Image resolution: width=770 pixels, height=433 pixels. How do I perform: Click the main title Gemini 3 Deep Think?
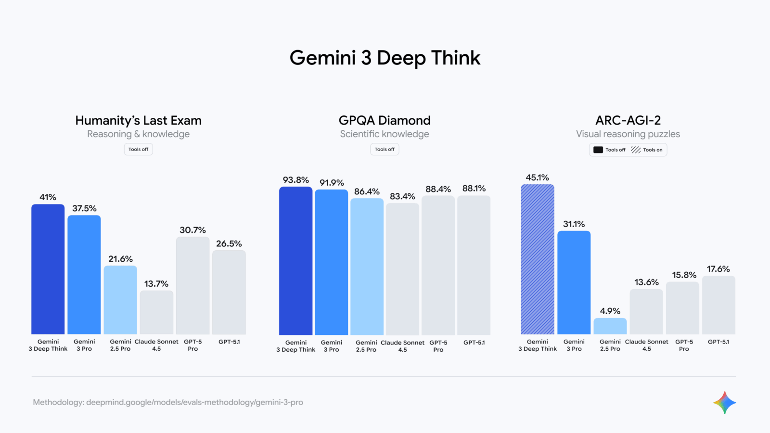(385, 58)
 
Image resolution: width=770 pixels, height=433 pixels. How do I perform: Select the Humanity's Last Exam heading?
(138, 120)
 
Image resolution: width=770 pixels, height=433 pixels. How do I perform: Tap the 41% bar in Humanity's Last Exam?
(48, 269)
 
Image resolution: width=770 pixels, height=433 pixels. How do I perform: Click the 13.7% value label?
(156, 284)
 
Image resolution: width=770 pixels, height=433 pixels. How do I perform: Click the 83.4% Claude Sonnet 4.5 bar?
(402, 269)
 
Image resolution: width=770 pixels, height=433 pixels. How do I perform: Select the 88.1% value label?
(474, 189)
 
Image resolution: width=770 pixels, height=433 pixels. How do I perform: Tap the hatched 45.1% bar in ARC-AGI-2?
(537, 259)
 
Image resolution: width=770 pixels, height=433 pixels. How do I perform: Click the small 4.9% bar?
(610, 326)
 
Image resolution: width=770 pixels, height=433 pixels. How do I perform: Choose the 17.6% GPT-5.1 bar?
(719, 305)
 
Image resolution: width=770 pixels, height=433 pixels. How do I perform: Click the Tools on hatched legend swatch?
(636, 150)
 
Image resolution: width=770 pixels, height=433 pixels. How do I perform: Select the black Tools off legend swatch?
(598, 150)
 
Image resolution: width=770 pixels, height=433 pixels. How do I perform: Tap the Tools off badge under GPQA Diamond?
(385, 149)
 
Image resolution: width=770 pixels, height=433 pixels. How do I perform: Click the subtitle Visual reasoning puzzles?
(628, 134)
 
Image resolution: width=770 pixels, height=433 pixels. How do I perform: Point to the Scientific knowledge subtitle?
(385, 134)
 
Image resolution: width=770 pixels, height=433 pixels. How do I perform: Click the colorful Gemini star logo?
(724, 403)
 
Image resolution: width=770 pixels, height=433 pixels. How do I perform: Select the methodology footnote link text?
(168, 402)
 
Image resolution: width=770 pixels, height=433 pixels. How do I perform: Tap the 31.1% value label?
(574, 224)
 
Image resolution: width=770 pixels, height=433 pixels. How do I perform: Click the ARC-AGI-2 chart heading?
(628, 120)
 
